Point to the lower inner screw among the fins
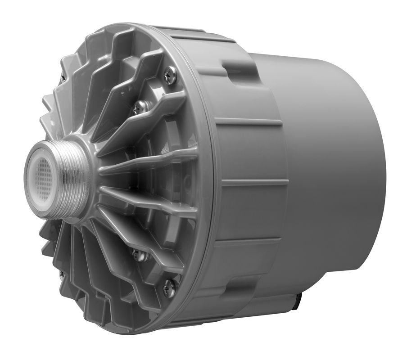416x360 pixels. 139,255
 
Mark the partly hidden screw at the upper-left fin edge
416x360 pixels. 63,77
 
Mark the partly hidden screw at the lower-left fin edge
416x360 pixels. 62,274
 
